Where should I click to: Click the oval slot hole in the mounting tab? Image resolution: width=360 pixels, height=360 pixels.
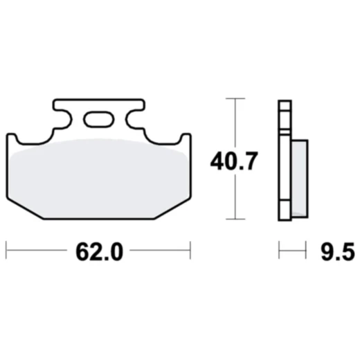[x=98, y=120]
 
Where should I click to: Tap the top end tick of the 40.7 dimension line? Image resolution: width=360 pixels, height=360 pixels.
[x=236, y=99]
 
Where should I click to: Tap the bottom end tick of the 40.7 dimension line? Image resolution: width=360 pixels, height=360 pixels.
[x=236, y=219]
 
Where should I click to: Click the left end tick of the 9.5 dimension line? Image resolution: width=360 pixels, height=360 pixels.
[x=279, y=249]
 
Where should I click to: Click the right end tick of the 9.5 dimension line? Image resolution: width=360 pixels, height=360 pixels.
[x=305, y=249]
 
